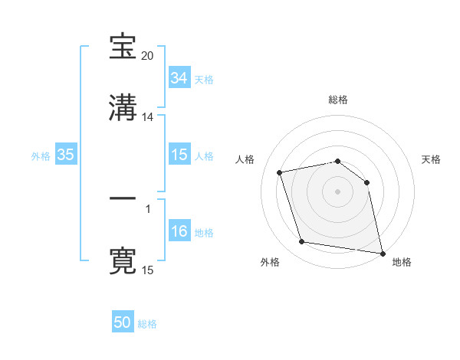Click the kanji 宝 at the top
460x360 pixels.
click(123, 47)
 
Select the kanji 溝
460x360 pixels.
click(123, 109)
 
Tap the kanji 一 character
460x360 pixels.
click(123, 199)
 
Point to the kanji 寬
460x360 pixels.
click(123, 261)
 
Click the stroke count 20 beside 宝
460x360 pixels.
click(148, 56)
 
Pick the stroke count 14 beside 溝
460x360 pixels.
click(148, 117)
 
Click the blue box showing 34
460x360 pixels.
click(179, 78)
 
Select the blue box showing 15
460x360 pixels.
click(179, 155)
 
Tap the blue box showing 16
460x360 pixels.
click(179, 231)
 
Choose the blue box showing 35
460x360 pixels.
click(65, 155)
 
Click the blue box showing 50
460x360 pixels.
click(122, 322)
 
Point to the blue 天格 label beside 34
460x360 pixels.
click(204, 80)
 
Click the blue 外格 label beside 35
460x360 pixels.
click(41, 156)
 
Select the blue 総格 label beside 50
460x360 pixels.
click(147, 324)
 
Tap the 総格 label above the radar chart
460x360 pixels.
click(338, 100)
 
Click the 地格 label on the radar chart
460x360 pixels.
click(402, 263)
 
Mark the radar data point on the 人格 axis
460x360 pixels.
click(280, 172)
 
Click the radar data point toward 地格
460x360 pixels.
click(381, 252)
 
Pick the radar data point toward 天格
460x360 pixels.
click(366, 182)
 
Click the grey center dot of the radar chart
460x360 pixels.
click(338, 191)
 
